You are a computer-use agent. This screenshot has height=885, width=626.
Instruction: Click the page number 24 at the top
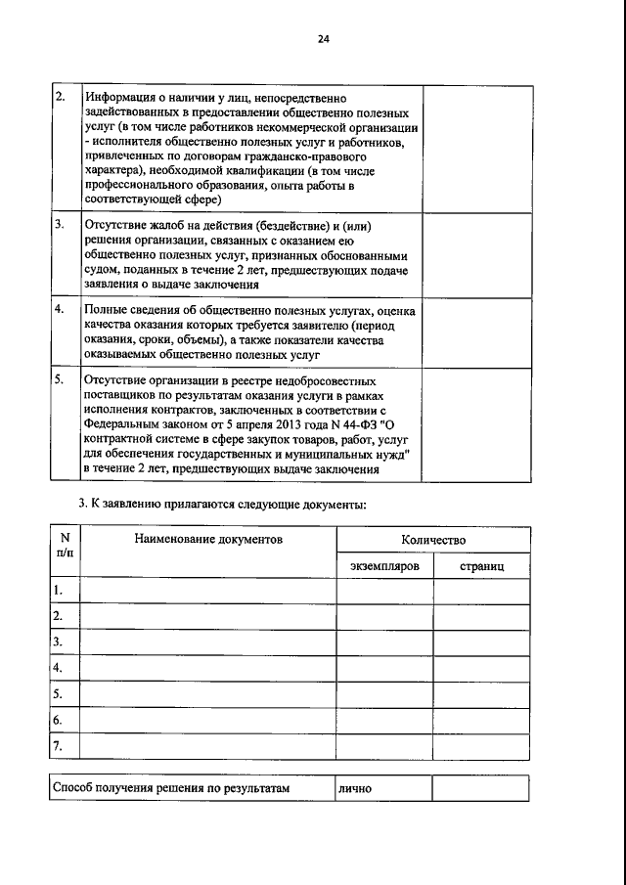pyautogui.click(x=323, y=39)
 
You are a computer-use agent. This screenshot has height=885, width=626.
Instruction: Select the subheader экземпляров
pyautogui.click(x=385, y=566)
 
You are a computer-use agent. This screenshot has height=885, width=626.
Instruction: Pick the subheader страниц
pyautogui.click(x=481, y=566)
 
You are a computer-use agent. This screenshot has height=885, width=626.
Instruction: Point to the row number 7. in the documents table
pyautogui.click(x=59, y=746)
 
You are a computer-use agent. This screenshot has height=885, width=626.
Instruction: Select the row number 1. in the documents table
pyautogui.click(x=59, y=590)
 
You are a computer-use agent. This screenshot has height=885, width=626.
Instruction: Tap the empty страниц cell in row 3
pyautogui.click(x=481, y=642)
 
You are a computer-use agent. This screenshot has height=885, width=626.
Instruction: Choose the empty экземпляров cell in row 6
pyautogui.click(x=385, y=720)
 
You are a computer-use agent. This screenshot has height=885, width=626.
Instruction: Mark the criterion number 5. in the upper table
pyautogui.click(x=60, y=377)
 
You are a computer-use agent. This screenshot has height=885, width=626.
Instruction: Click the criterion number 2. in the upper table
pyautogui.click(x=60, y=96)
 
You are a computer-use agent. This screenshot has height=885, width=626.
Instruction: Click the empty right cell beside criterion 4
pyautogui.click(x=476, y=332)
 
